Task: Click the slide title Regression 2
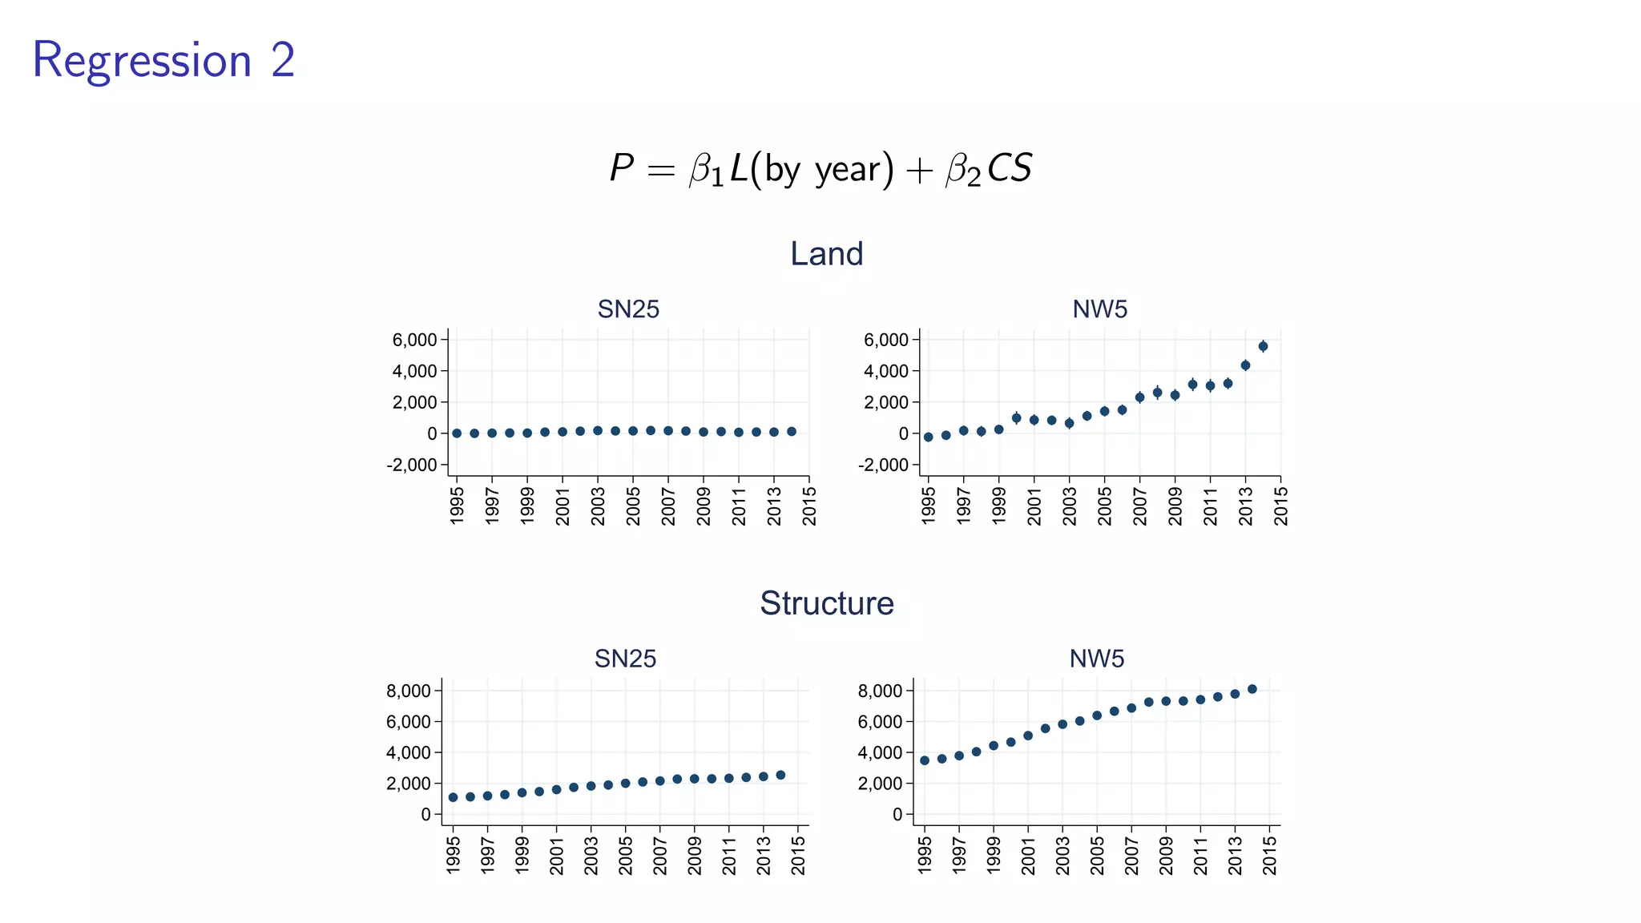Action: coord(163,61)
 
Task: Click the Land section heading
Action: coord(826,254)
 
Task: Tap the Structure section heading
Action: coord(826,603)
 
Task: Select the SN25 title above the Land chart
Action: coord(628,309)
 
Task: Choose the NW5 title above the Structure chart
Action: coord(1096,659)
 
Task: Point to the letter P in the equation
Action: coord(621,168)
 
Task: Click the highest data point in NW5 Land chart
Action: coord(1263,346)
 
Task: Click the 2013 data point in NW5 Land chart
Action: coord(1245,365)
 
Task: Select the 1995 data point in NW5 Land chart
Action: coord(928,437)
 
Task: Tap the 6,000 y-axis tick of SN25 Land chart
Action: coord(414,340)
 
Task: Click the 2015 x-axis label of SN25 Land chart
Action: coord(809,506)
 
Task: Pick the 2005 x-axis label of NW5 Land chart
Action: coord(1104,506)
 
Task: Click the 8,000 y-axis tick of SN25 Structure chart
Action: coord(409,691)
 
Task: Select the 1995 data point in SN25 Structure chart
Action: coord(453,797)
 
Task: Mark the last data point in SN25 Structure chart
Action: coord(780,775)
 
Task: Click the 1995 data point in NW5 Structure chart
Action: coord(925,760)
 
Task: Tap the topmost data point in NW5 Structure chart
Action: coord(1252,689)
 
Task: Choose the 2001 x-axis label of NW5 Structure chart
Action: coord(1028,856)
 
